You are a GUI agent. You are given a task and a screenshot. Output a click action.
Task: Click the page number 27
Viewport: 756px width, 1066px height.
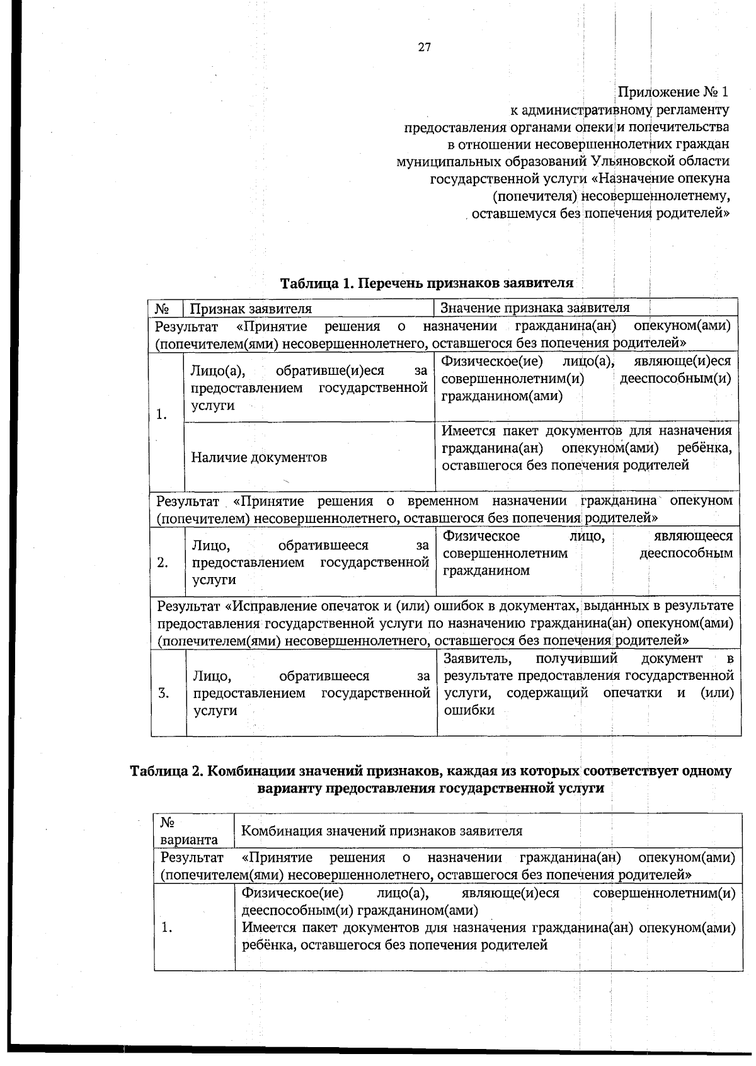tap(424, 47)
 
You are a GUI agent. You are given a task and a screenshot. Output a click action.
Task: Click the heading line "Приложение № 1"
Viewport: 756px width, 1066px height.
tap(672, 92)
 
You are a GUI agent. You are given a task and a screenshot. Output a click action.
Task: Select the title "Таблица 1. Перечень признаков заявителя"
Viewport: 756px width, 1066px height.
tap(427, 283)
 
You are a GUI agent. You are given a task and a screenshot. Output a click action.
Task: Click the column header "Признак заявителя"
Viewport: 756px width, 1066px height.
tap(251, 309)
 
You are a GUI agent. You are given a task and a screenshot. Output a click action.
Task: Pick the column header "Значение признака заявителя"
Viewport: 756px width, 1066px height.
tap(535, 307)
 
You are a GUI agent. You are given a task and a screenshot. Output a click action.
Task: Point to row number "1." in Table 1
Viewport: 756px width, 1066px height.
tap(162, 415)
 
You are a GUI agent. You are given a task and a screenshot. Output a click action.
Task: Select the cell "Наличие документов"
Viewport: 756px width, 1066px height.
tap(259, 457)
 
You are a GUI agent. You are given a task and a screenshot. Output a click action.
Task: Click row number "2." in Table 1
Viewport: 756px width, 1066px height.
tap(163, 563)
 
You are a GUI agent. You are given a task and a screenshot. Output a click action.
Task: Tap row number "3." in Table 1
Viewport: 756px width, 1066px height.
tap(164, 694)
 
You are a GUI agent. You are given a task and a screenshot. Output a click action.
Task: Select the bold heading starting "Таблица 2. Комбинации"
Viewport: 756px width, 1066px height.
tap(430, 779)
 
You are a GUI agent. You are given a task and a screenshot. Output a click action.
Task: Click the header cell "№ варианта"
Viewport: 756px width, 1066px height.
tap(189, 831)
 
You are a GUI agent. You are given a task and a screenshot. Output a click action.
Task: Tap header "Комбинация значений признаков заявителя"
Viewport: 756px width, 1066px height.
tap(382, 831)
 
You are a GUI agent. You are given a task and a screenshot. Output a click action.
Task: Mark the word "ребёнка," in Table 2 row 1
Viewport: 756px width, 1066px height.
tap(266, 945)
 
